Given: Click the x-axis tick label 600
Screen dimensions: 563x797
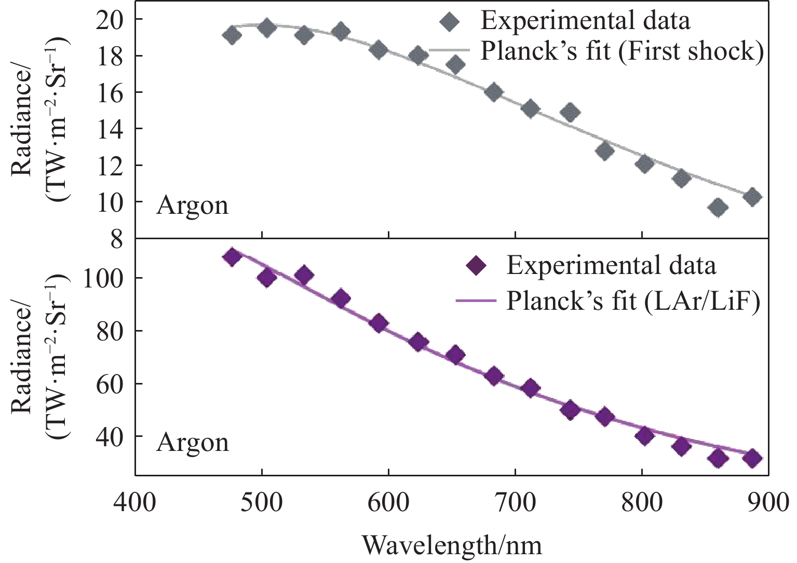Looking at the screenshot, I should coord(388,503).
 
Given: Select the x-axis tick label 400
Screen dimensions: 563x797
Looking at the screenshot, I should coord(135,503).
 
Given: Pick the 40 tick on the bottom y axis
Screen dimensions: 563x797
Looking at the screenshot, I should coord(111,436).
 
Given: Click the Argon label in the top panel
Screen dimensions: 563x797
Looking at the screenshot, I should coord(192,206).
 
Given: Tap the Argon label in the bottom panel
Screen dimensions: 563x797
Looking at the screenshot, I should coord(192,443).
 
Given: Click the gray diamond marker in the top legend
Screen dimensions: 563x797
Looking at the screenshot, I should coord(449,22).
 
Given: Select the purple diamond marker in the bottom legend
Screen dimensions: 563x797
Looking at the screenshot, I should coord(476,266).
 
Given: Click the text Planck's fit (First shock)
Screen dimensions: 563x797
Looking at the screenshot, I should coord(622,51).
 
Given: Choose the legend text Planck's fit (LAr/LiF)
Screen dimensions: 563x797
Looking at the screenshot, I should coord(633,301).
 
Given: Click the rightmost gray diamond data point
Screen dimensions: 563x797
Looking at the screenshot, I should coord(752,197).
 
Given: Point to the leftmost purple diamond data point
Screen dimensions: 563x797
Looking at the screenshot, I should coord(232,257).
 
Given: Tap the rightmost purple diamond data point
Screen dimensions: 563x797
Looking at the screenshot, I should coord(752,459).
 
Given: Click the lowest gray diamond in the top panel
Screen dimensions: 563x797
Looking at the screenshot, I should coord(718,208).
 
